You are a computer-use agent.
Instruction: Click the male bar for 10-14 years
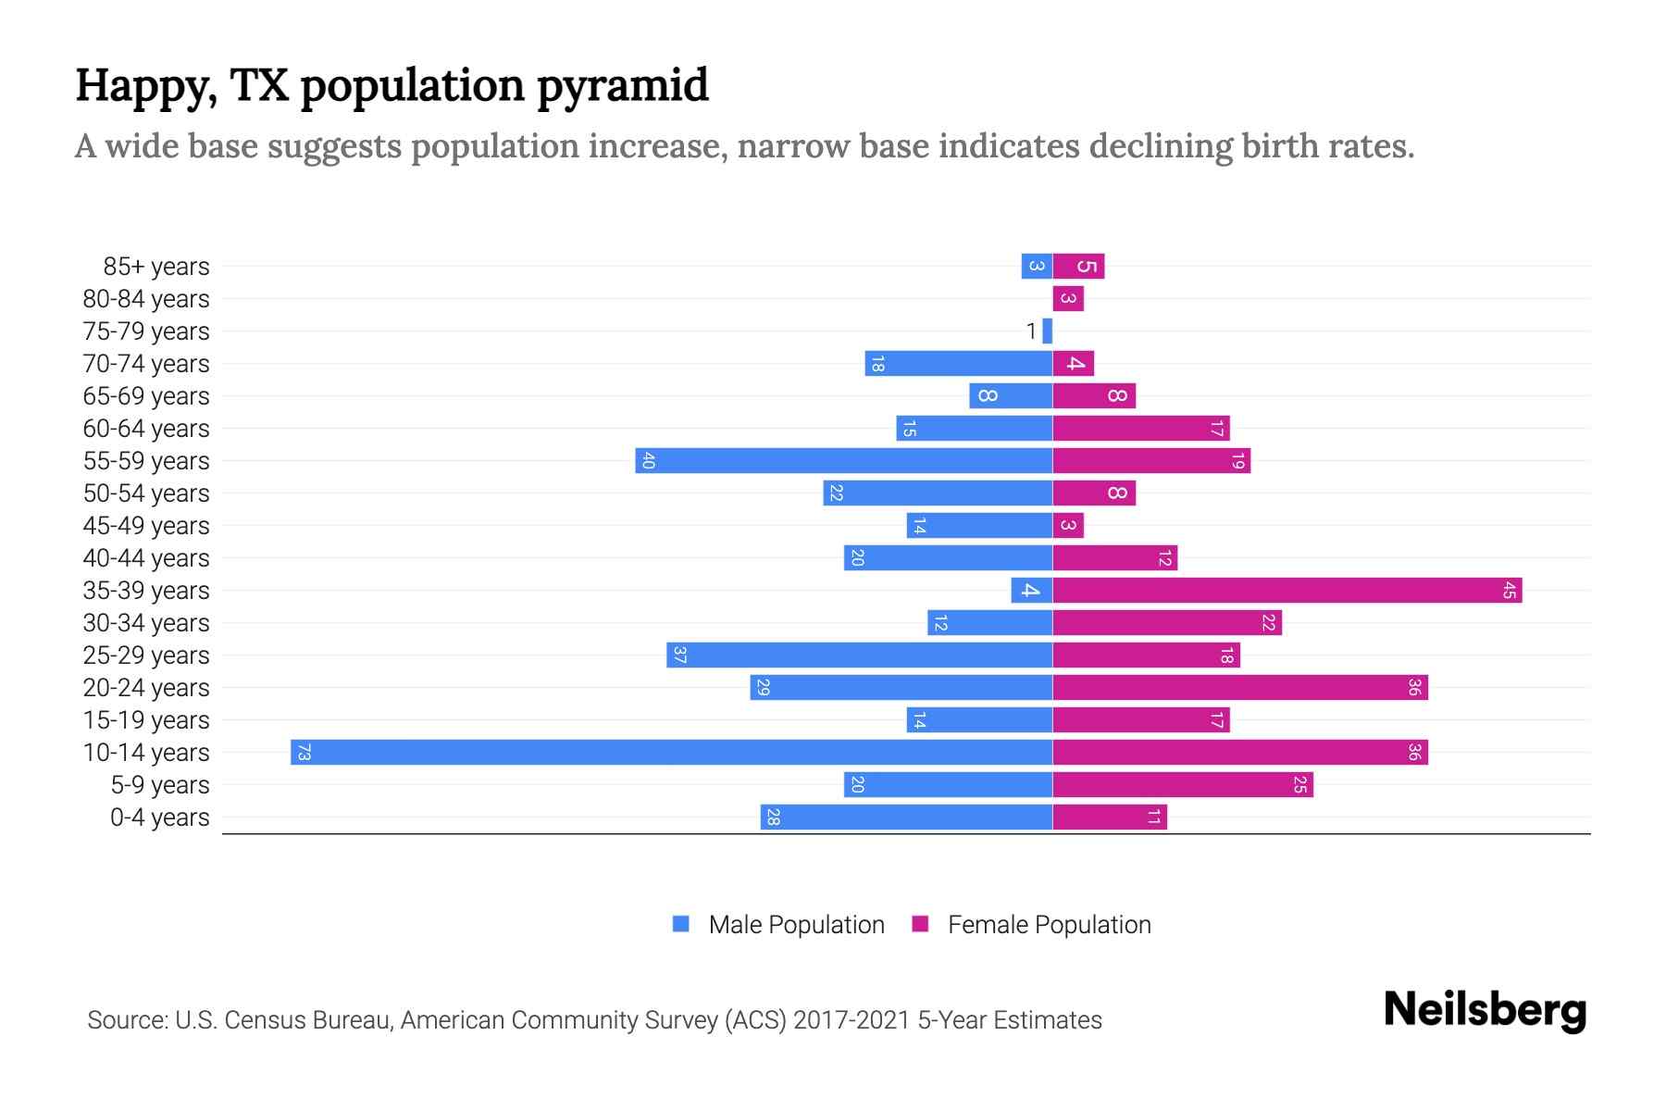point(671,752)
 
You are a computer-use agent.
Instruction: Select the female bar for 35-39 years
point(1287,590)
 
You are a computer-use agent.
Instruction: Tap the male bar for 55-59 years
point(843,460)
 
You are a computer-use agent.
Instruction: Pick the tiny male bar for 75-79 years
point(1047,331)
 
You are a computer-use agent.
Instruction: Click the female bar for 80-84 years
point(1068,298)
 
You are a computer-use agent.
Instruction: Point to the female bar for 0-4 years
point(1110,817)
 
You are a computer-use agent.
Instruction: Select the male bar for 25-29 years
point(859,655)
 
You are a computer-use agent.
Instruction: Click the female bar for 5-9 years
point(1183,784)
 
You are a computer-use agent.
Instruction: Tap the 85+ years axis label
point(156,267)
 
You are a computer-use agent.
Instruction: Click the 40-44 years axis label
point(146,558)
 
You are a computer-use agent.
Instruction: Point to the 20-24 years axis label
point(146,688)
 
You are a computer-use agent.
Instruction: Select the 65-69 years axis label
point(146,396)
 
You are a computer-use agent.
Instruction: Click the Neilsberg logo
point(1485,1009)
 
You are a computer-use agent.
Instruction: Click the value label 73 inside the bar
point(304,752)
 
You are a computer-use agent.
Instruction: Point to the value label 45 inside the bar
point(1509,590)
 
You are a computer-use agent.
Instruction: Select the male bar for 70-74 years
point(958,363)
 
